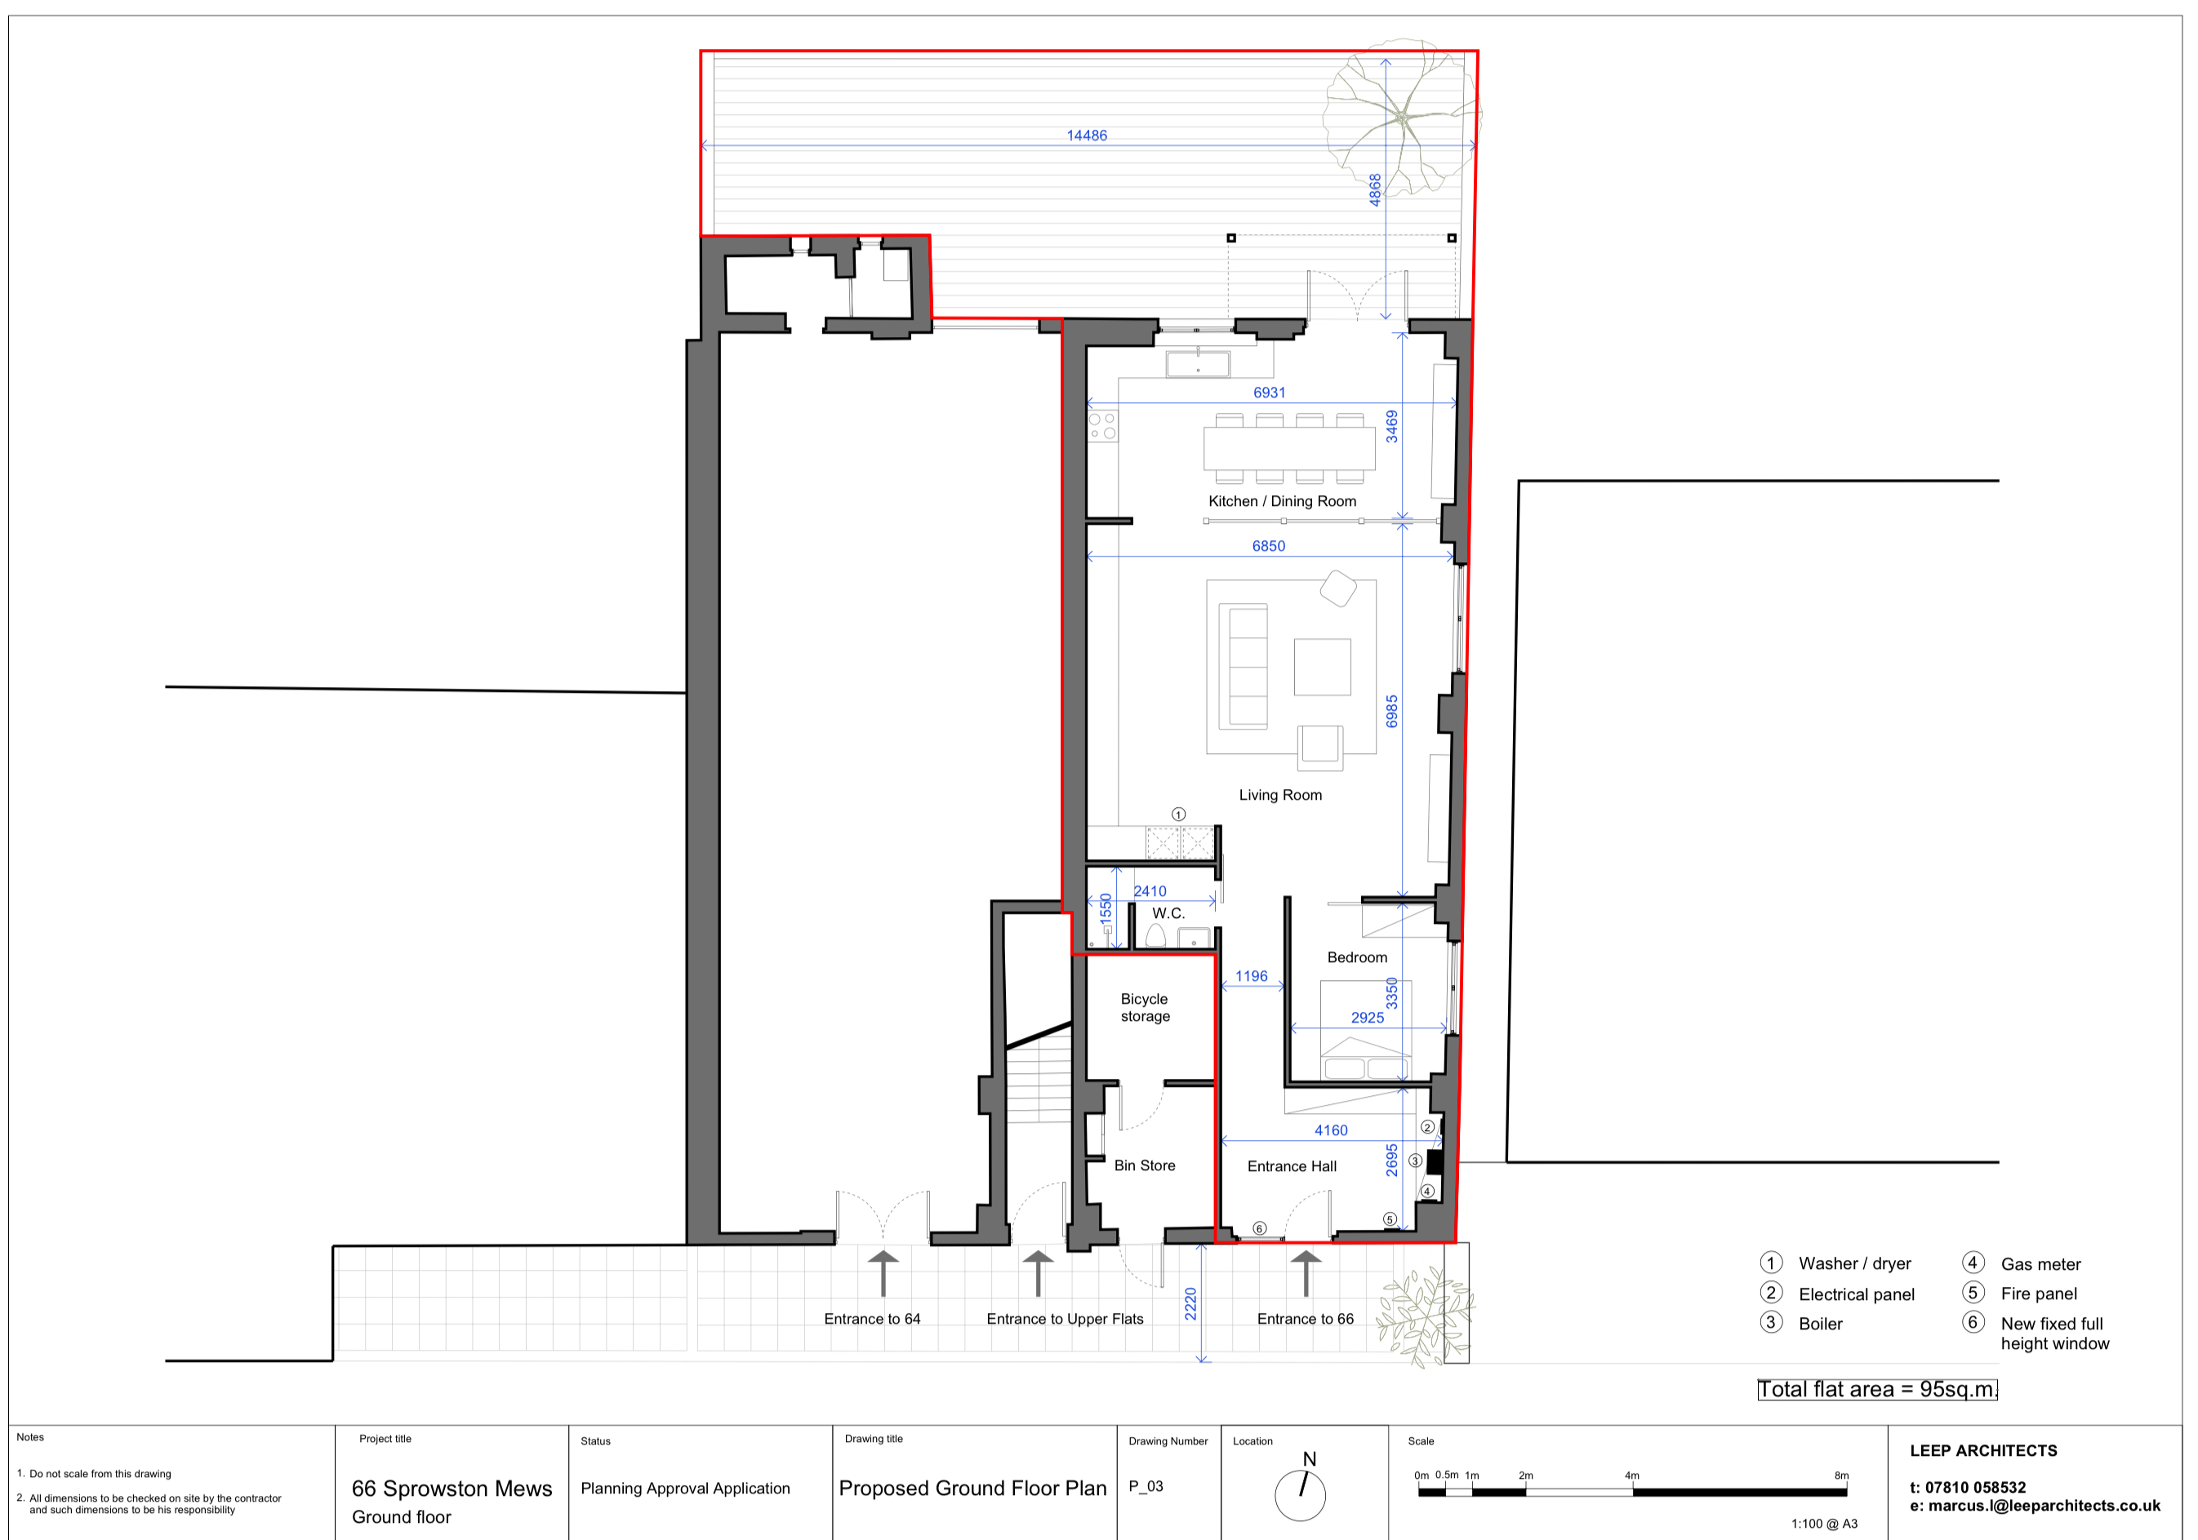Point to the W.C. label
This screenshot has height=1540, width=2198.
1168,914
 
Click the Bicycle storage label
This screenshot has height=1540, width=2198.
1145,1008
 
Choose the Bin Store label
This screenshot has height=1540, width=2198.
1144,1165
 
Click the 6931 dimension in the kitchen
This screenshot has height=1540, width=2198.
1270,393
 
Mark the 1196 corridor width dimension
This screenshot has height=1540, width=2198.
1251,976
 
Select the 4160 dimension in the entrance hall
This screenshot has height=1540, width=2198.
1331,1130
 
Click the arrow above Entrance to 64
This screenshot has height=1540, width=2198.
883,1274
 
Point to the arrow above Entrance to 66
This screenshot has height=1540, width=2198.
1306,1274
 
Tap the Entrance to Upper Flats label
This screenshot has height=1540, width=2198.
1065,1320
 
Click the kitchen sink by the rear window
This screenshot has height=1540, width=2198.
1198,365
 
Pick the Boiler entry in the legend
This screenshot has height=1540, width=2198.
1800,1324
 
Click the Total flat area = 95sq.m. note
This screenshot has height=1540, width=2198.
1877,1390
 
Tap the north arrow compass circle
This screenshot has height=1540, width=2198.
1300,1496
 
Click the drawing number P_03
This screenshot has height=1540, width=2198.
1146,1486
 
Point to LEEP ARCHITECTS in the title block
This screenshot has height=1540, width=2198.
1983,1451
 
